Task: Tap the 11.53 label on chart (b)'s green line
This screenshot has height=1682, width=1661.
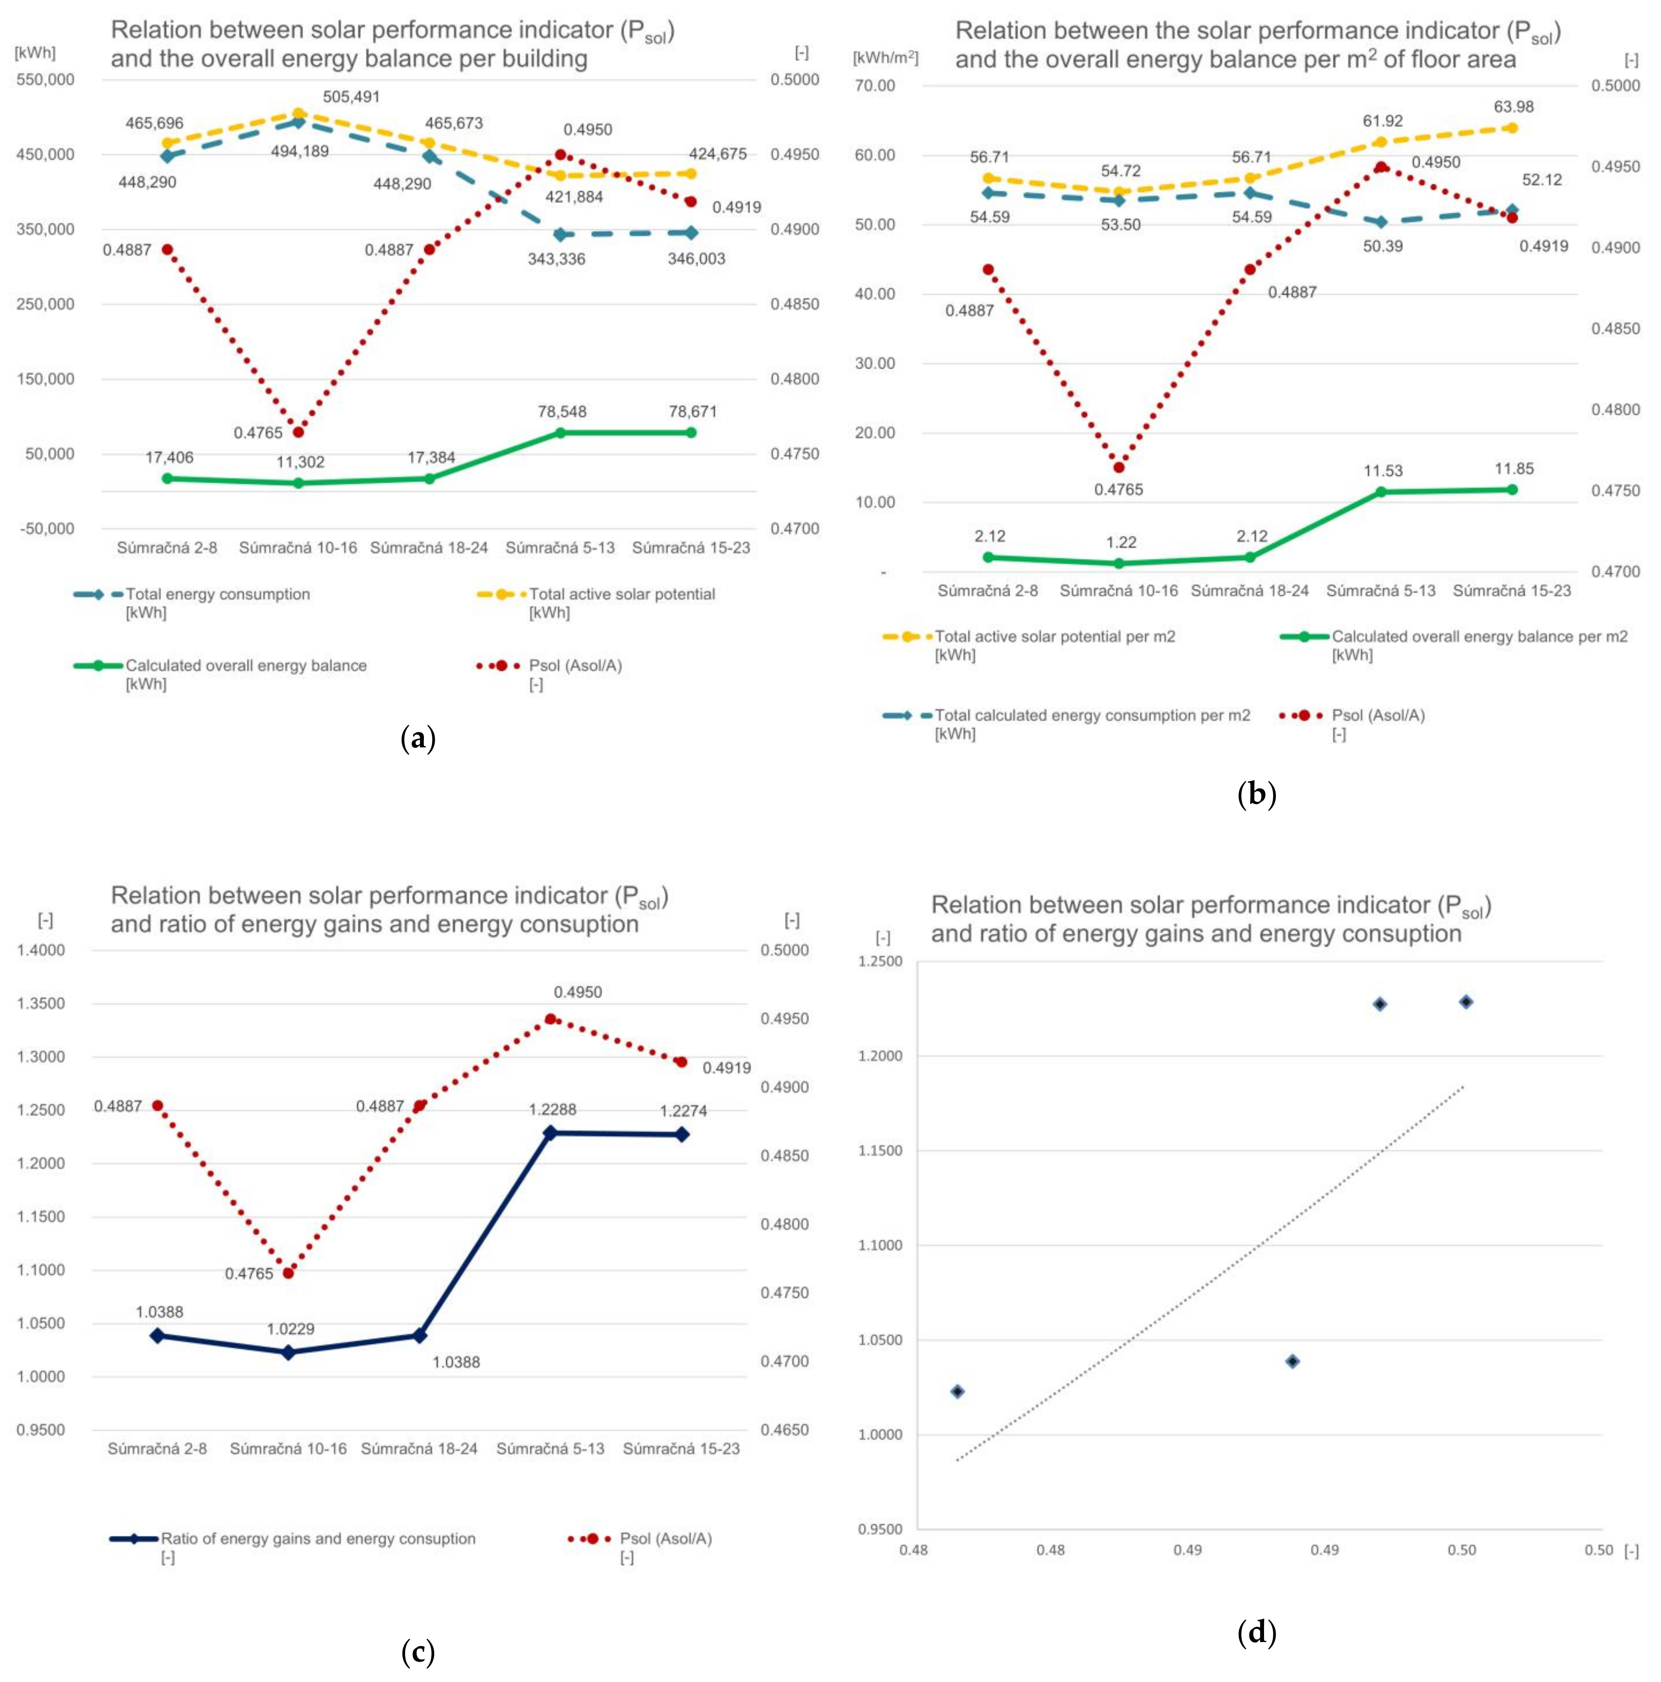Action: point(1382,471)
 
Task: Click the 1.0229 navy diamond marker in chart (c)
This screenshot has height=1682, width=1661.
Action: point(288,1352)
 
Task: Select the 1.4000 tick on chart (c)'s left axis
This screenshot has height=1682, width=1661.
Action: point(41,950)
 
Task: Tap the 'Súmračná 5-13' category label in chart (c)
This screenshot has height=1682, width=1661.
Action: point(550,1449)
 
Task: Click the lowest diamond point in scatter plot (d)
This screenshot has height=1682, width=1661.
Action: point(957,1391)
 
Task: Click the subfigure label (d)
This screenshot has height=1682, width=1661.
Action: point(1256,1632)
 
